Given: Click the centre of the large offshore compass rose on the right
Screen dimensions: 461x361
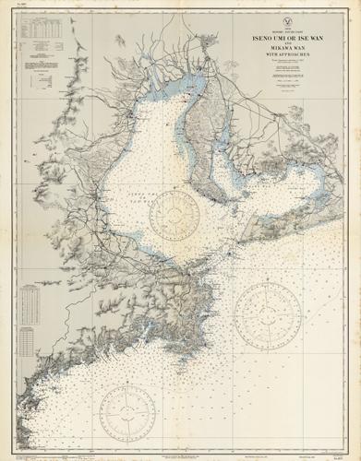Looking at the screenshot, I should (x=269, y=322).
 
